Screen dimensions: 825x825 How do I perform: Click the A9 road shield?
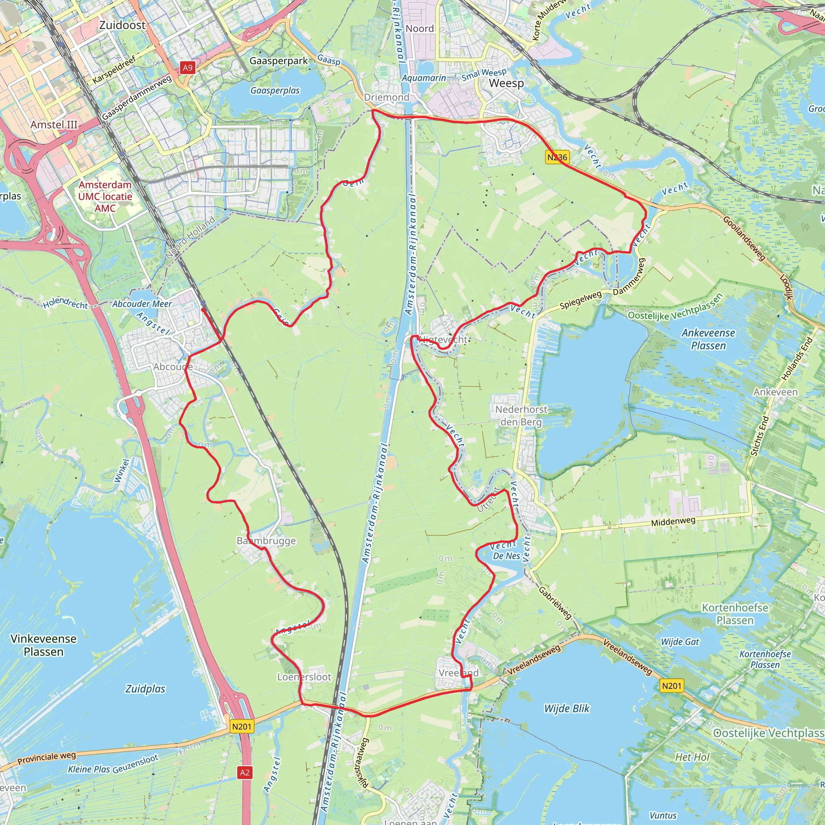[187, 67]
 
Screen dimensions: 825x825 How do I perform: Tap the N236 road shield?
[558, 157]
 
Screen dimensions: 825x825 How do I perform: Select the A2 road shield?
[244, 773]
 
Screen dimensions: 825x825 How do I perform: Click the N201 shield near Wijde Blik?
[672, 686]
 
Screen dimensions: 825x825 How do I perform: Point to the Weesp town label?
[506, 83]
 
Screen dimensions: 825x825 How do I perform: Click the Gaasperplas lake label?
[275, 91]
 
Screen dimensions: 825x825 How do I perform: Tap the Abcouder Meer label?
[142, 304]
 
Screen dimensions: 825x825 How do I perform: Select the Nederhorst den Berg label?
[521, 415]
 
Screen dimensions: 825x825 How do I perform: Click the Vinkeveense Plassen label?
[44, 645]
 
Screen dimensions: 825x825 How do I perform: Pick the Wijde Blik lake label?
[567, 709]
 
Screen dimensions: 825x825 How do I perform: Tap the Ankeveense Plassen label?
[708, 339]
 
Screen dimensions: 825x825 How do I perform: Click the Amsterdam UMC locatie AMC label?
[105, 197]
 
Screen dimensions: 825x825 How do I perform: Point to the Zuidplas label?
[145, 689]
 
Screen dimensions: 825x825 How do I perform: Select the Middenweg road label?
[673, 521]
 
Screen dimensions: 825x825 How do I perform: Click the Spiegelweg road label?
[581, 300]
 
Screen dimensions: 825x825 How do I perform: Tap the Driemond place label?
[386, 97]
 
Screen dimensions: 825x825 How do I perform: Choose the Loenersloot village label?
[304, 677]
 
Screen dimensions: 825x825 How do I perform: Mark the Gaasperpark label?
[278, 61]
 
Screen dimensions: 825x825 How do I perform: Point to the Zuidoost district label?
[122, 25]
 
